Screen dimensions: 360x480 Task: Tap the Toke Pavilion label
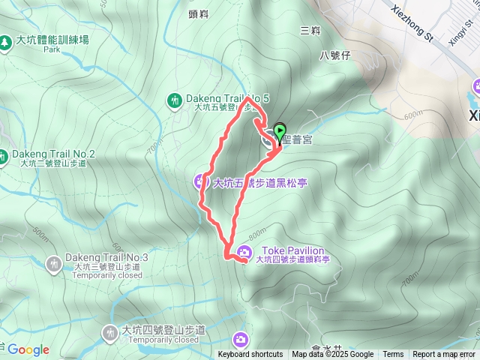tap(292, 250)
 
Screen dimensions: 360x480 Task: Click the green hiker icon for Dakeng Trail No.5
tap(174, 100)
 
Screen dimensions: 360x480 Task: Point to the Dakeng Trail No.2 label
tap(55, 154)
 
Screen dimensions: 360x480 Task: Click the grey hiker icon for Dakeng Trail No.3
tap(54, 263)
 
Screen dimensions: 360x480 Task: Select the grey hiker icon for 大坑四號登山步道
tap(110, 331)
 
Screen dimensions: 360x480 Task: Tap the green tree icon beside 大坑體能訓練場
tap(6, 42)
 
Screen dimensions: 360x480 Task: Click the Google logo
tap(28, 349)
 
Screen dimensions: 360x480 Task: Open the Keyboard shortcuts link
tap(250, 355)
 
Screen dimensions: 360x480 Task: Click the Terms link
tap(393, 355)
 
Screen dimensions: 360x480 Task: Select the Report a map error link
tap(444, 355)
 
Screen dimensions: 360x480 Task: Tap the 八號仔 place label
tap(334, 55)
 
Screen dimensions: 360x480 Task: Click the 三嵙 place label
tap(310, 31)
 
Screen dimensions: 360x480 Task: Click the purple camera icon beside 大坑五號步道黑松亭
tap(201, 180)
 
